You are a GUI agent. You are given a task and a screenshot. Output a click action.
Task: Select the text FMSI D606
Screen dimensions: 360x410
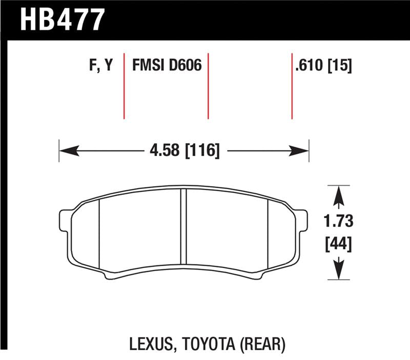(x=167, y=66)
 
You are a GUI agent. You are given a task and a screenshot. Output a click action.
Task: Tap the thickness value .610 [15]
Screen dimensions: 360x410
(x=323, y=66)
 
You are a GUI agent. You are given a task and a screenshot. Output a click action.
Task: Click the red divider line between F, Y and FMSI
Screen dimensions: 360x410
(x=124, y=85)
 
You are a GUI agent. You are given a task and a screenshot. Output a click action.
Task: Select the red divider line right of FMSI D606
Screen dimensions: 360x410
(x=208, y=85)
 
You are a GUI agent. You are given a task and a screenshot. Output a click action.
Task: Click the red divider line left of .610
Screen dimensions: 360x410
(x=292, y=85)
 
